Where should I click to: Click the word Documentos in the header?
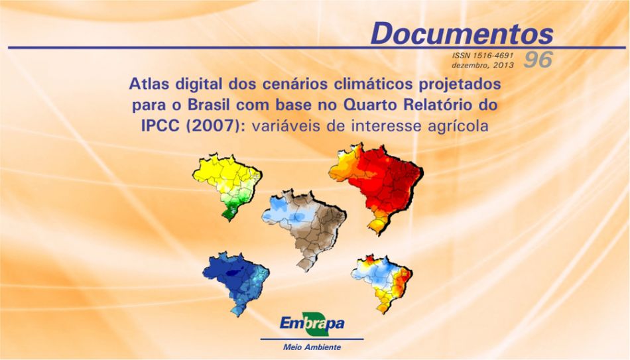click(462, 33)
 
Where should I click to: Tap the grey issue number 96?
click(538, 60)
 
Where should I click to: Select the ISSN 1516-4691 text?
click(483, 56)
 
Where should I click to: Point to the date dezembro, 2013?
click(483, 65)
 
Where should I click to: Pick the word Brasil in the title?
click(208, 105)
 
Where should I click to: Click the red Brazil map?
click(375, 188)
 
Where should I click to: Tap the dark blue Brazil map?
click(236, 283)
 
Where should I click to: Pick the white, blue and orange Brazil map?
click(382, 284)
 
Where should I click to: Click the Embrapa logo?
click(312, 324)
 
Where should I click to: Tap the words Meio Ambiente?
click(312, 347)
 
